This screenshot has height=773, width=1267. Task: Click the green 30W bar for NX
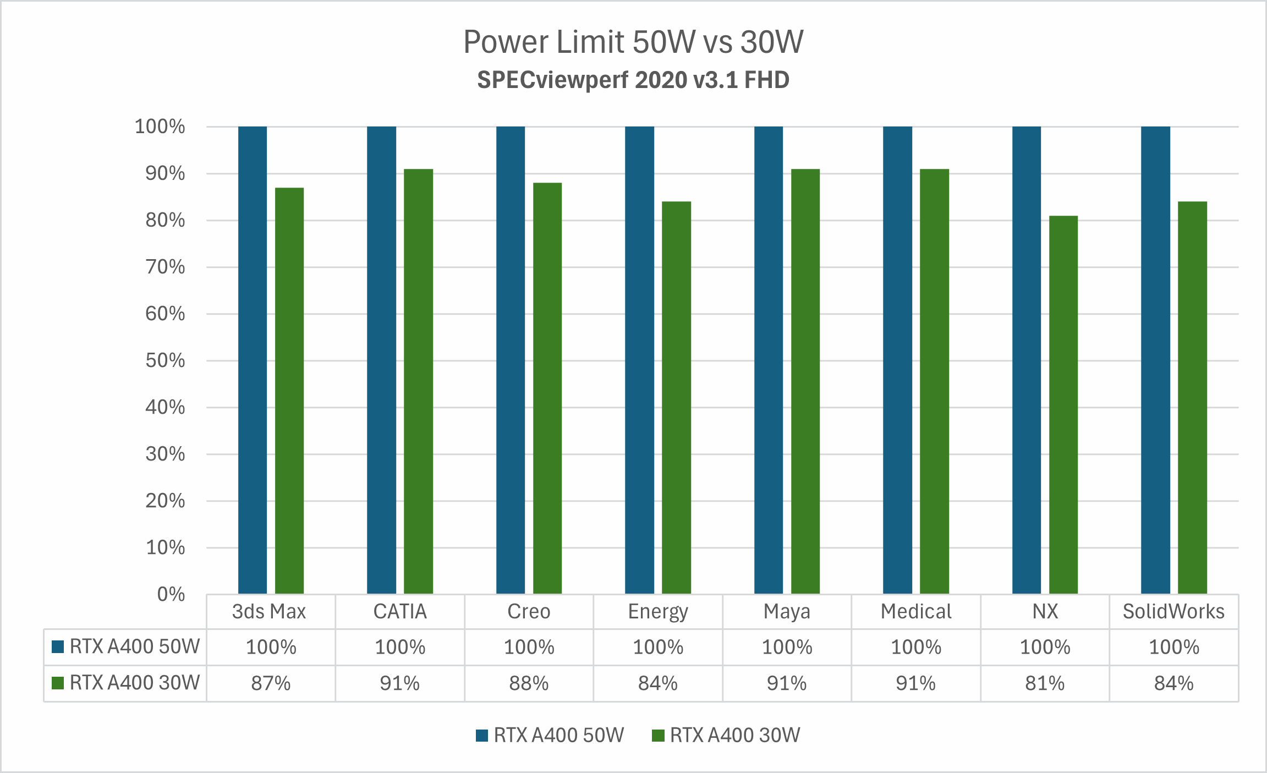[1063, 404]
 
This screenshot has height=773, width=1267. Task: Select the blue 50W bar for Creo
[511, 360]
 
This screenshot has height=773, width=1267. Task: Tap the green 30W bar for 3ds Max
[289, 391]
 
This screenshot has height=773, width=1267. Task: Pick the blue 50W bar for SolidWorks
[1155, 360]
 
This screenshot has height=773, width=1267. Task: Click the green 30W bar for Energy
[676, 397]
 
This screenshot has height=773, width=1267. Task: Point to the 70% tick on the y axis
[165, 267]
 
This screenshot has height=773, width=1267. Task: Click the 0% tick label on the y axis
[171, 594]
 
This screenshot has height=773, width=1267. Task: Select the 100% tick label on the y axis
[160, 127]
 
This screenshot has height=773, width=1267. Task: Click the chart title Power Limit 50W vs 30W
[633, 42]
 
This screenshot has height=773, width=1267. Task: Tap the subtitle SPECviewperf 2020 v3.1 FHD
[633, 80]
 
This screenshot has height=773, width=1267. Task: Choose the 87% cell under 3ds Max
[271, 683]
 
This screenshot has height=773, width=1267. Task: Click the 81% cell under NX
[1044, 683]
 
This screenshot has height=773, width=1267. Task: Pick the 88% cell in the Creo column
[529, 683]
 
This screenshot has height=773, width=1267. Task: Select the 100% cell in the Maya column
[787, 647]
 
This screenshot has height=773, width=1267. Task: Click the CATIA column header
[400, 612]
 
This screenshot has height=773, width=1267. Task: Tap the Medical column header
[915, 612]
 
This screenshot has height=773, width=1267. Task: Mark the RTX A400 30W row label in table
[134, 683]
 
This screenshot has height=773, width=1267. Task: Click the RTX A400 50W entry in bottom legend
[558, 735]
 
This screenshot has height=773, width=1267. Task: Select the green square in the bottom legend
[658, 736]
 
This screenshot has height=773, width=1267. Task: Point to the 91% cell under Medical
[915, 683]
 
